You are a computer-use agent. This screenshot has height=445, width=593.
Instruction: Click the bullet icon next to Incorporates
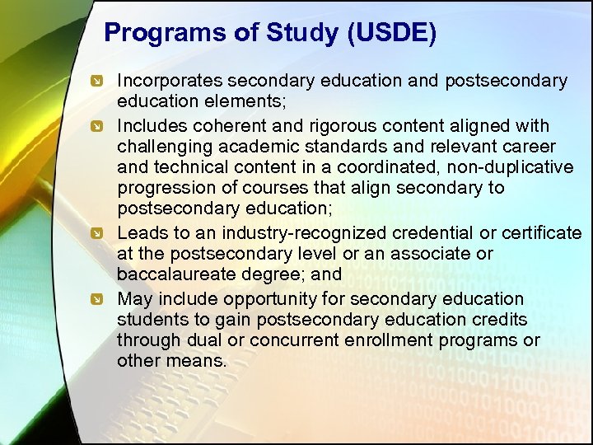(97, 82)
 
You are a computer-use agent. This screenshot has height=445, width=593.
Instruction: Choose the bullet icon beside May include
(97, 299)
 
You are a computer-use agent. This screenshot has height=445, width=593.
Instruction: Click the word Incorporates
(170, 81)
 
